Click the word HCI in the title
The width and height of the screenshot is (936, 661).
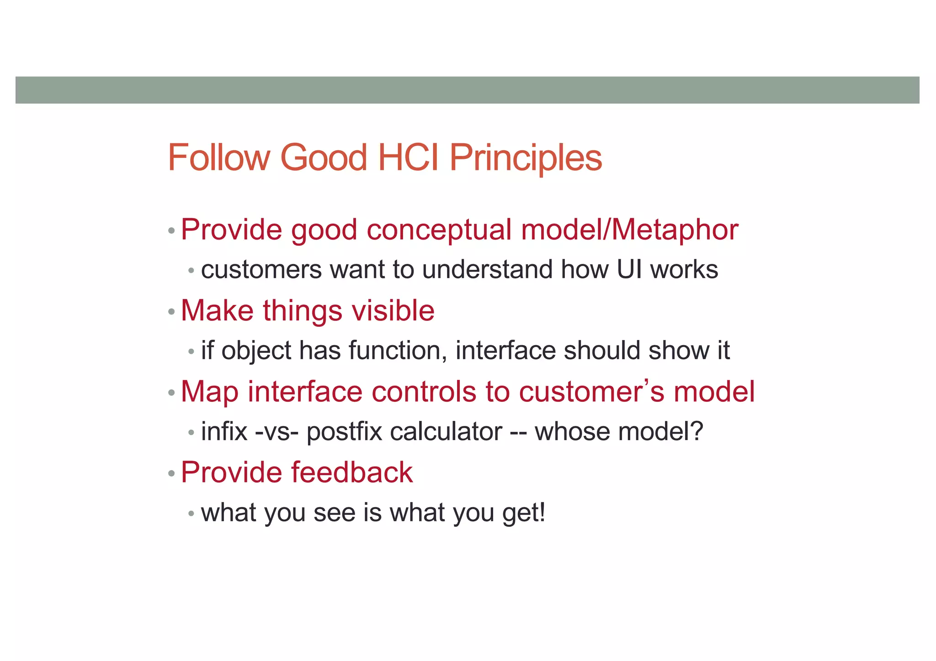[409, 157]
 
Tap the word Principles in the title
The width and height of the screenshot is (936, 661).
[526, 158]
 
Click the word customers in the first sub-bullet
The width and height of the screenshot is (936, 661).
[261, 270]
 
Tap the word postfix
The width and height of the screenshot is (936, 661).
[344, 432]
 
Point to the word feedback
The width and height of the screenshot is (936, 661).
[351, 472]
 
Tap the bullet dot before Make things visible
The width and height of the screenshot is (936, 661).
[171, 312]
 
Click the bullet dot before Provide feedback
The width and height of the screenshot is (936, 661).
[171, 474]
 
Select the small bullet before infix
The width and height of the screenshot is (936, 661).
[191, 433]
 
